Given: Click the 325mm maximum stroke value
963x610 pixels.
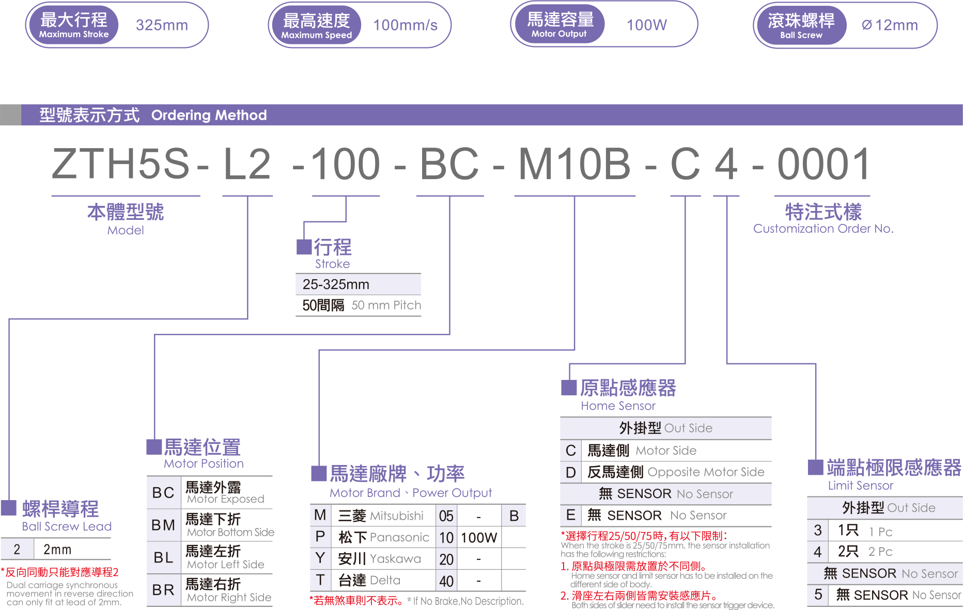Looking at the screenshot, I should pyautogui.click(x=162, y=25).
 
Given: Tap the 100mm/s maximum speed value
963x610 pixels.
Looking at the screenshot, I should pyautogui.click(x=405, y=25).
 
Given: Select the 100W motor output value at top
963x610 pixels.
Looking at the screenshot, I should pyautogui.click(x=646, y=25).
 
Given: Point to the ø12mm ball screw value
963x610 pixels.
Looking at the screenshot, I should pyautogui.click(x=890, y=25).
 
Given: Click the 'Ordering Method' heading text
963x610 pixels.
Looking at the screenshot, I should pyautogui.click(x=209, y=115).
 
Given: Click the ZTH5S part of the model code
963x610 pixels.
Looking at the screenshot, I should pyautogui.click(x=121, y=164).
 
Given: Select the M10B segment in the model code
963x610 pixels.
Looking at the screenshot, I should pyautogui.click(x=574, y=164).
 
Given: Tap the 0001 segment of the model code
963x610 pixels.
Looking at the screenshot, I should pyautogui.click(x=824, y=164).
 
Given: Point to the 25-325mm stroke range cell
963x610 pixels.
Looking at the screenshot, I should pyautogui.click(x=336, y=284).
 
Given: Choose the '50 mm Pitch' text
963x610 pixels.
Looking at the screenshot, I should pyautogui.click(x=386, y=305).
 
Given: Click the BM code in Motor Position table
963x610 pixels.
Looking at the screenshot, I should pyautogui.click(x=163, y=525).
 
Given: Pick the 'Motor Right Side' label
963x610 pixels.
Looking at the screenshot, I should pyautogui.click(x=229, y=597).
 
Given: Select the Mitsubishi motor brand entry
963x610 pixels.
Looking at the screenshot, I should pyautogui.click(x=396, y=516).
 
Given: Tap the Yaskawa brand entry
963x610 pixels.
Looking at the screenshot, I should pyautogui.click(x=395, y=558).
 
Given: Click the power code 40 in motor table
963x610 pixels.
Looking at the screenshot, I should pyautogui.click(x=446, y=581).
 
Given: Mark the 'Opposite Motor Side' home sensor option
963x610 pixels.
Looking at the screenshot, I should pyautogui.click(x=705, y=472).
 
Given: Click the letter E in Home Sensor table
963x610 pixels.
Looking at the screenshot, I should pyautogui.click(x=570, y=515).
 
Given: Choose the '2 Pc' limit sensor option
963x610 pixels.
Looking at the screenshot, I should pyautogui.click(x=880, y=552).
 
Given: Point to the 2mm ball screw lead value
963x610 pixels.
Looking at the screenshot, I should pyautogui.click(x=57, y=549).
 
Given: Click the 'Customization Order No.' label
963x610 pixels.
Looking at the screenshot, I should pyautogui.click(x=823, y=229).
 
